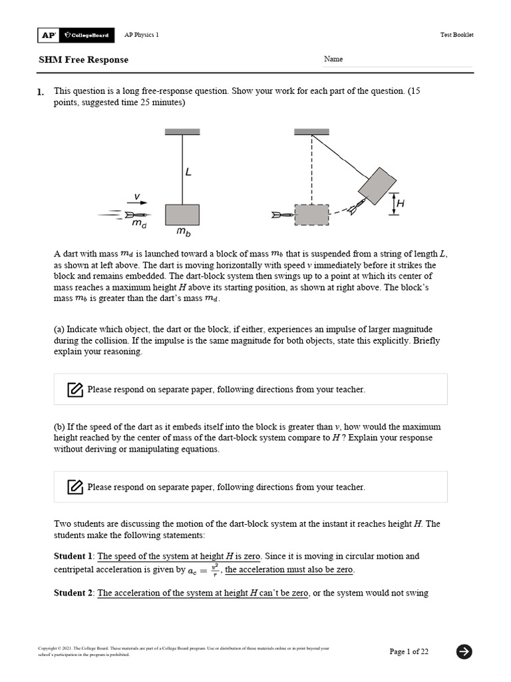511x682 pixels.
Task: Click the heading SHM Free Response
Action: tap(83, 60)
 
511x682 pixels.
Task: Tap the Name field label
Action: tap(333, 59)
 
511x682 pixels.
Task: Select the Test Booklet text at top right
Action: tap(457, 35)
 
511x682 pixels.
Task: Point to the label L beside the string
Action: tap(188, 172)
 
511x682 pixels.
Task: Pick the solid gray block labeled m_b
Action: tap(182, 214)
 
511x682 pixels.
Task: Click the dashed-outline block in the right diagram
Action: tap(311, 215)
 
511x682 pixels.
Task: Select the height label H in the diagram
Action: tap(400, 204)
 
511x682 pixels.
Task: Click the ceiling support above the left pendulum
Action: tap(182, 131)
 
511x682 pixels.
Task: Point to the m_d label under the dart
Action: tap(138, 226)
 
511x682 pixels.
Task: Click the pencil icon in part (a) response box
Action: tap(75, 390)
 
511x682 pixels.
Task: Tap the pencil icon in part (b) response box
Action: tap(75, 487)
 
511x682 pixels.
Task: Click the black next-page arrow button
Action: tap(464, 651)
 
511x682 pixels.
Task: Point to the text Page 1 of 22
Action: tap(409, 652)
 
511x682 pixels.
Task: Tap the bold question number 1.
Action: tap(41, 91)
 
